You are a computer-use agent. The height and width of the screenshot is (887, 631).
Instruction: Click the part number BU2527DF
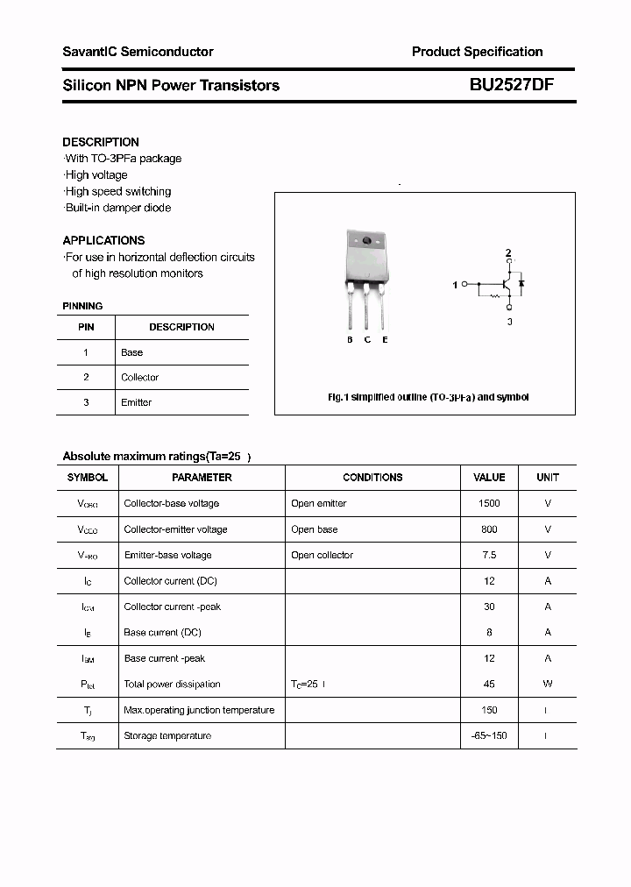[511, 85]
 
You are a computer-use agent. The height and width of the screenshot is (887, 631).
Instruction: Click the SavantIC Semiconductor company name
[138, 52]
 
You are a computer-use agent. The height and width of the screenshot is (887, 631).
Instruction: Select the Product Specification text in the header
[477, 52]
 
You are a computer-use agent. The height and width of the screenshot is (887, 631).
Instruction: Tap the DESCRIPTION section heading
[101, 142]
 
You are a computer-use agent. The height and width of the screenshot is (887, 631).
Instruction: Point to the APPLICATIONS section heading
[103, 240]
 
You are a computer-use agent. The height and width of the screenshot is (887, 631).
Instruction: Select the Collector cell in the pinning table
[139, 378]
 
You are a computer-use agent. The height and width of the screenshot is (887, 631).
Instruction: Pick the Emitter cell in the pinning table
[136, 402]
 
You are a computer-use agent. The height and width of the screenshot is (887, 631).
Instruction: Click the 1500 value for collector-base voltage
[489, 503]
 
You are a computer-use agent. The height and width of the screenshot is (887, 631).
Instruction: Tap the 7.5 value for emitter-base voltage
[489, 555]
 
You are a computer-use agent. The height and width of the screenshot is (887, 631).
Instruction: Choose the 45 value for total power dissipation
[489, 684]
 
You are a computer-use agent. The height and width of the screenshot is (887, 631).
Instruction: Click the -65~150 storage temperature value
[489, 735]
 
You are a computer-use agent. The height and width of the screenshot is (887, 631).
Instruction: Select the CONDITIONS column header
[372, 478]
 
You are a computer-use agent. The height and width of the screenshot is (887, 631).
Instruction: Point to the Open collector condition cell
[322, 555]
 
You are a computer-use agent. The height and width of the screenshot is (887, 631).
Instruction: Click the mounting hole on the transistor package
[366, 241]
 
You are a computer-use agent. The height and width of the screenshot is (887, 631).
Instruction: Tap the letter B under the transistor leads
[350, 339]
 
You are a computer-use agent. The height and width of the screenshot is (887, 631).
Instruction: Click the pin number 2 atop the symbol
[507, 253]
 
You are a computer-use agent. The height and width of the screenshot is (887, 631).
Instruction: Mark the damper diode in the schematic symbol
[521, 283]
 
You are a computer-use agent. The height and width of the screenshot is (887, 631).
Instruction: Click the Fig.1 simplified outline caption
[428, 397]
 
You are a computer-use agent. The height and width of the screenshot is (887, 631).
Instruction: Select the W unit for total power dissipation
[547, 684]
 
